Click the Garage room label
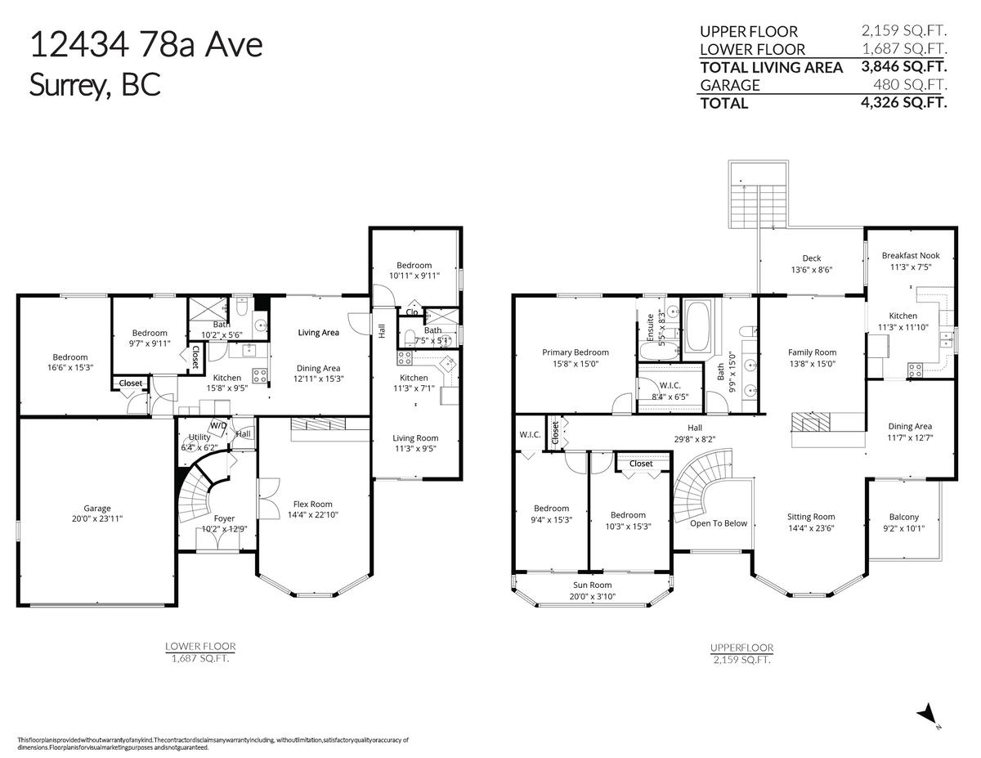point(97,509)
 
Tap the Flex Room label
point(312,505)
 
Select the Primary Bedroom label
point(576,352)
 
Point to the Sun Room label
point(593,585)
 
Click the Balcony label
point(904,518)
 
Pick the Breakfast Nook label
point(911,255)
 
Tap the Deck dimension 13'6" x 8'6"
point(812,270)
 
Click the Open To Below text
point(719,523)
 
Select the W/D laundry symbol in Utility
point(219,427)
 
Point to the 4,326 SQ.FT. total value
point(903,102)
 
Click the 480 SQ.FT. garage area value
point(910,84)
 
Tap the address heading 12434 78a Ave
point(146,45)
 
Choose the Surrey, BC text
point(95,85)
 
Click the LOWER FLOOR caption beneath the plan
point(200,647)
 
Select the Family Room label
point(812,352)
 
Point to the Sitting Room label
point(811,517)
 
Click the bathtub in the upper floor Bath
point(697,326)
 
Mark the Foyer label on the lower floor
point(224,518)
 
